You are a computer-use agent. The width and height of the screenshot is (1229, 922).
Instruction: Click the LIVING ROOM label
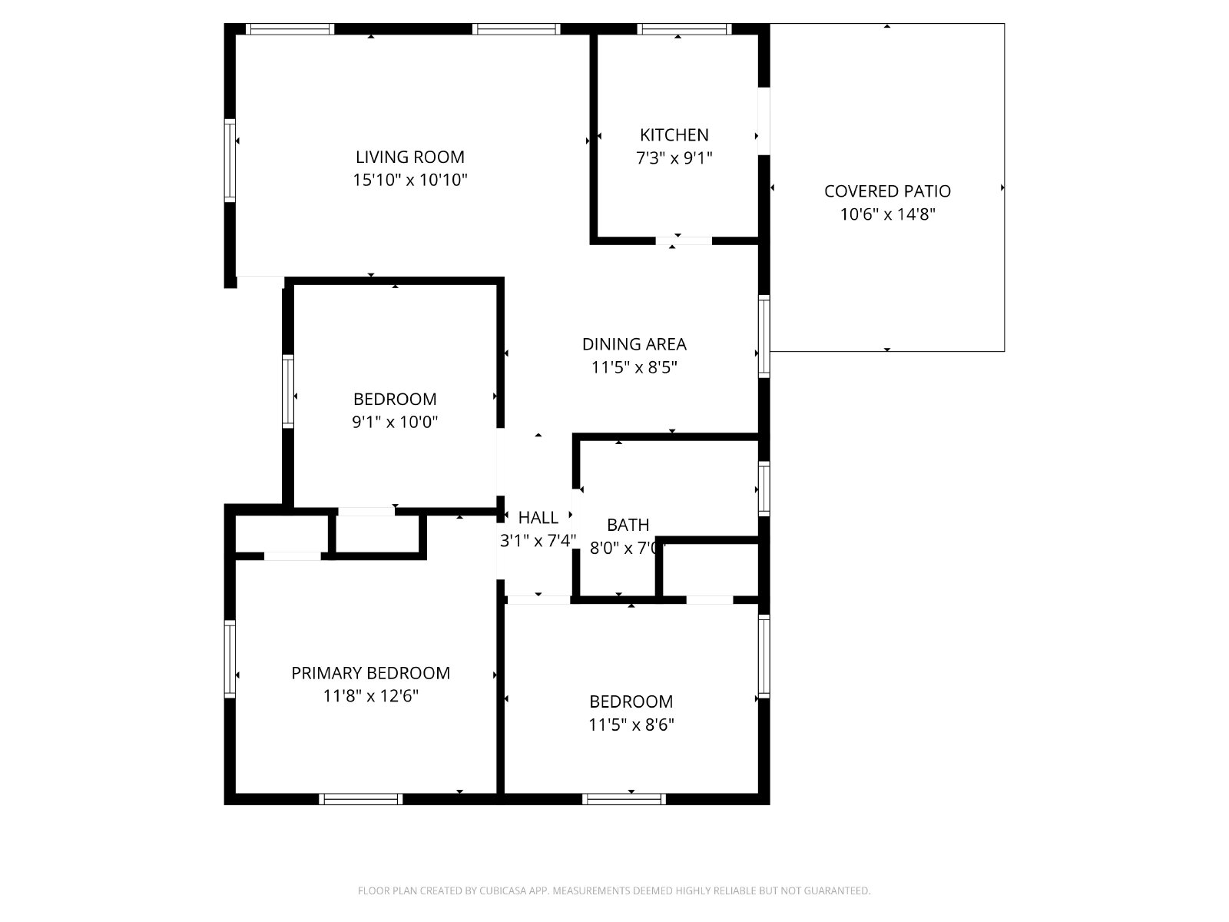point(410,157)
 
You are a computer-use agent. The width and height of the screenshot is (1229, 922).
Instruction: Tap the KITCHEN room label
point(674,135)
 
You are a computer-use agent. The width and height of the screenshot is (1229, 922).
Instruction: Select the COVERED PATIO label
point(887,191)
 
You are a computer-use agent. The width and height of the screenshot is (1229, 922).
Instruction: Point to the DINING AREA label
point(634,344)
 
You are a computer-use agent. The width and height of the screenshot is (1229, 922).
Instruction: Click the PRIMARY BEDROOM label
point(371,673)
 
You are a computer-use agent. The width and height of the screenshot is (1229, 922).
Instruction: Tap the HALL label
point(538,518)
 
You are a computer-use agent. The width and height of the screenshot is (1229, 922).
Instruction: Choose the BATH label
point(628,525)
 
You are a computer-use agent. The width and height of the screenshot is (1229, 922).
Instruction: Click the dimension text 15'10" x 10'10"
point(410,181)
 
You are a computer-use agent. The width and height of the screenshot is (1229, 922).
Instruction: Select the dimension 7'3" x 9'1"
point(674,158)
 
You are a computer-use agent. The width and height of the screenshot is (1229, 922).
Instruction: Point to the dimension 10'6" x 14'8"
point(887,214)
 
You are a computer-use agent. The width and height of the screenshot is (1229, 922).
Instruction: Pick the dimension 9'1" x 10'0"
point(395,422)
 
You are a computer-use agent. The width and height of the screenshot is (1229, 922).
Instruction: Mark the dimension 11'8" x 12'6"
point(371,696)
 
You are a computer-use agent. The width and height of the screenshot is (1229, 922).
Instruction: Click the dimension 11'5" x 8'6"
point(631,725)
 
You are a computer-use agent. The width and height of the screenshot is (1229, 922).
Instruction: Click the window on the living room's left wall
point(230,161)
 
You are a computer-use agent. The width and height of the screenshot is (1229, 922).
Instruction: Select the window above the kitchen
point(684,29)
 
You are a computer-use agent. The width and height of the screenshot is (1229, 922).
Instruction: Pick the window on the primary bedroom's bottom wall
point(360,799)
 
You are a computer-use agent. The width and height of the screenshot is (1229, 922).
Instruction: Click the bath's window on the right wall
point(764,489)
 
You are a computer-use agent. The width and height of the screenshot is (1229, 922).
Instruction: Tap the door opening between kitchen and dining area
point(684,241)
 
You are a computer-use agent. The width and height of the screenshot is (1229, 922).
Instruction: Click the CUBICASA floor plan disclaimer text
point(614,890)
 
